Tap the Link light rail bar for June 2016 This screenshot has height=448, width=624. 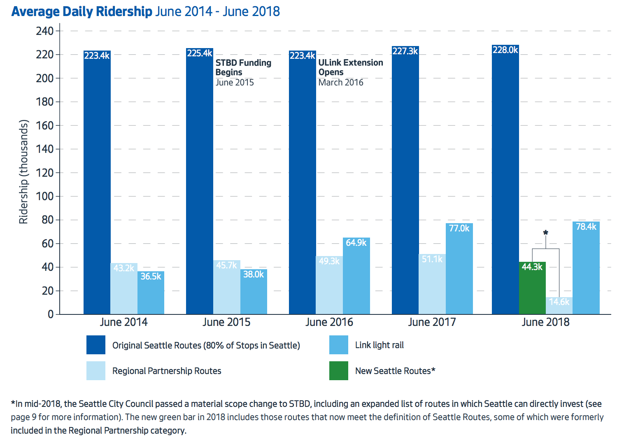tap(356, 279)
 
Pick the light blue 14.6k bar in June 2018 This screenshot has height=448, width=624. tap(559, 307)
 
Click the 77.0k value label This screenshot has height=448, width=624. tap(459, 228)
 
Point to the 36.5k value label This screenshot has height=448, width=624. tap(151, 276)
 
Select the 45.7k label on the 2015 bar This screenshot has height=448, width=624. tap(226, 265)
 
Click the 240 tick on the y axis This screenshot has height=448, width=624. tap(45, 31)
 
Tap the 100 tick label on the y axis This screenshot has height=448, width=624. tap(45, 196)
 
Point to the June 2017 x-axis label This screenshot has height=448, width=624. tap(432, 322)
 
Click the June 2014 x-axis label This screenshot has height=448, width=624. tap(123, 322)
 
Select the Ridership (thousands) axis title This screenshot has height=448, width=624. tap(23, 172)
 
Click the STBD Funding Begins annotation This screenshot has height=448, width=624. tap(243, 68)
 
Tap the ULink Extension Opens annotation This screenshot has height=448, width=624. tap(350, 68)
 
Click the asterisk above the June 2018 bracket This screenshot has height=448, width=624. tap(545, 233)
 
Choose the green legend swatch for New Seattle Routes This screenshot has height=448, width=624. tap(338, 371)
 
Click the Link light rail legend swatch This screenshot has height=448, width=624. tap(338, 345)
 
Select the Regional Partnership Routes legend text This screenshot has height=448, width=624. tap(167, 371)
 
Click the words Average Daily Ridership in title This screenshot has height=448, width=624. tap(81, 11)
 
